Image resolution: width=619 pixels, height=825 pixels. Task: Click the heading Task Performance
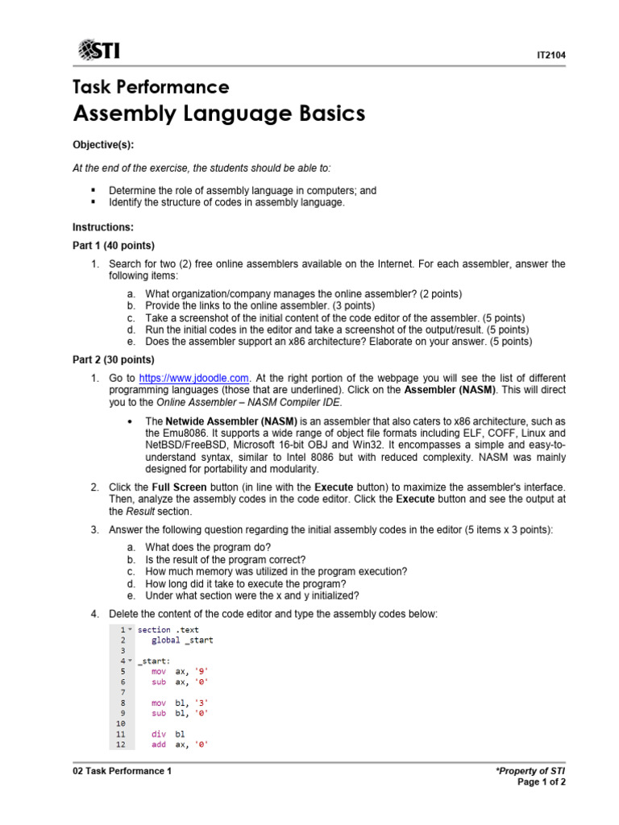pyautogui.click(x=151, y=87)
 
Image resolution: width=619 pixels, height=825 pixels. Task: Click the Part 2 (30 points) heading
pyautogui.click(x=114, y=359)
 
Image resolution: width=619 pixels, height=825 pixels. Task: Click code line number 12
pyautogui.click(x=120, y=744)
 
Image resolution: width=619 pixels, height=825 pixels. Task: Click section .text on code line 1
pyautogui.click(x=168, y=629)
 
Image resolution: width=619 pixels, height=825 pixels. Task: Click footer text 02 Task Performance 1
pyautogui.click(x=123, y=771)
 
